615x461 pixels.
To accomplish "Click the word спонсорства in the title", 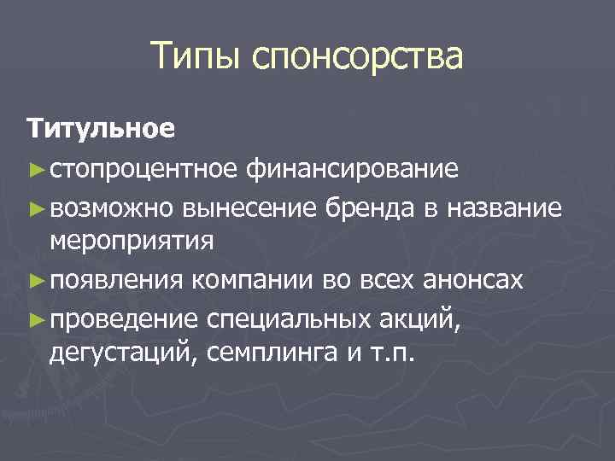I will (358, 59).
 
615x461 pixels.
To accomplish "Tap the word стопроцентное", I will (145, 169).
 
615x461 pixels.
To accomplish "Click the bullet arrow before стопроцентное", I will (34, 170).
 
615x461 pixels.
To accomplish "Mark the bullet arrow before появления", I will (34, 280).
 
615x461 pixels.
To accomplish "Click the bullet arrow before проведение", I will (34, 318).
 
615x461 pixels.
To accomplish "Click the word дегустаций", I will (121, 352).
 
